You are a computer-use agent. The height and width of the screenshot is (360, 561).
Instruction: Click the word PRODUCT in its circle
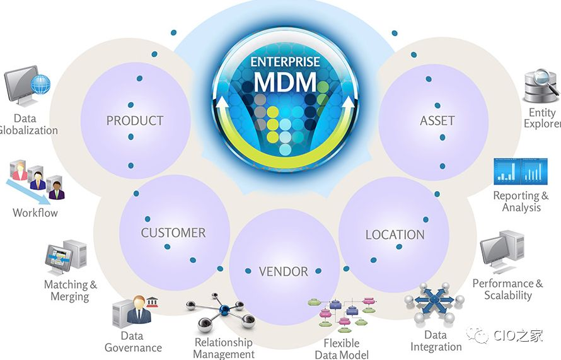(134, 120)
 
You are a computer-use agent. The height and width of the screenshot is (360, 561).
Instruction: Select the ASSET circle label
(437, 120)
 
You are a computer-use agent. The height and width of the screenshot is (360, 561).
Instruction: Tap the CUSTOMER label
(173, 233)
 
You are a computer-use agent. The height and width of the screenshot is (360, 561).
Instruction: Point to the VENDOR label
(283, 272)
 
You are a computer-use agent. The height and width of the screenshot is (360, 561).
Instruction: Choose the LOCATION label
(395, 235)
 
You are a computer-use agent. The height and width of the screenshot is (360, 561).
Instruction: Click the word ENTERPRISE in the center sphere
(285, 62)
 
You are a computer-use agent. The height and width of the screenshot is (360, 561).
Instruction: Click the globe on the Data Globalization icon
(40, 84)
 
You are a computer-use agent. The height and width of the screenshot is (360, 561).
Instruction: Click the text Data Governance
(133, 342)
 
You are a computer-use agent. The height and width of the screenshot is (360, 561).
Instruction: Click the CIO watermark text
(518, 335)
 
